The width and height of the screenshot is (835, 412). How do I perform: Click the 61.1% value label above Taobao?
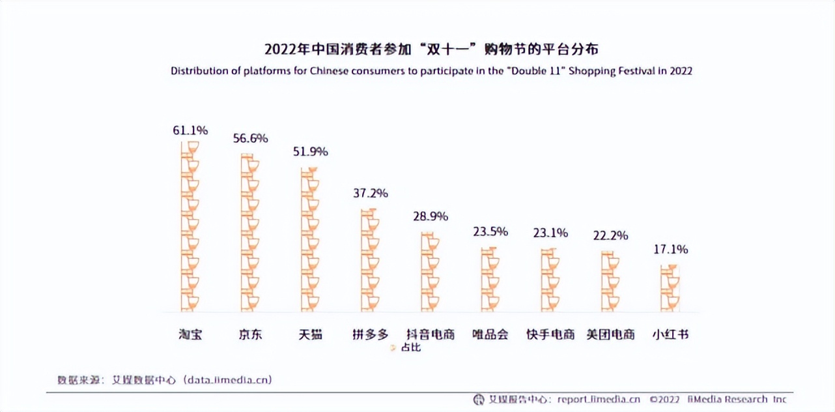click(190, 130)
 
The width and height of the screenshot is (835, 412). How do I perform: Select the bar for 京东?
click(249, 233)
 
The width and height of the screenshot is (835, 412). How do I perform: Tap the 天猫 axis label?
click(310, 335)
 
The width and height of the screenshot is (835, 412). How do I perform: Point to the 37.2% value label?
click(370, 193)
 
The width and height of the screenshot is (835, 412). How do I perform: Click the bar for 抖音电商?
click(430, 272)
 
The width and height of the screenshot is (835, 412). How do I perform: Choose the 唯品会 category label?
click(490, 335)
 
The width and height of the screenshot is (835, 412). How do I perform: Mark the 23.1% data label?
click(550, 232)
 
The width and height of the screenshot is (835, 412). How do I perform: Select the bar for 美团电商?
click(610, 281)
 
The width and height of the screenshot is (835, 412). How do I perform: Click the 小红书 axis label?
click(670, 335)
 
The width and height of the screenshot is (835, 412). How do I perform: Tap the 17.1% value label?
click(670, 249)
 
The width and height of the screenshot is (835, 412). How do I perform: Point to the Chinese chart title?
click(431, 50)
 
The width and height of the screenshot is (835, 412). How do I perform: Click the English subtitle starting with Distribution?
click(431, 71)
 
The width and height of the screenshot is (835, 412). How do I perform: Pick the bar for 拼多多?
click(370, 260)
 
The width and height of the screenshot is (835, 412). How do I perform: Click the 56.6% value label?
click(250, 138)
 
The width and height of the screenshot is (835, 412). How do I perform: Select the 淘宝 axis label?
click(190, 335)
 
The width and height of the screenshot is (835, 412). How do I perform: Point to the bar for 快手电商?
click(550, 280)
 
